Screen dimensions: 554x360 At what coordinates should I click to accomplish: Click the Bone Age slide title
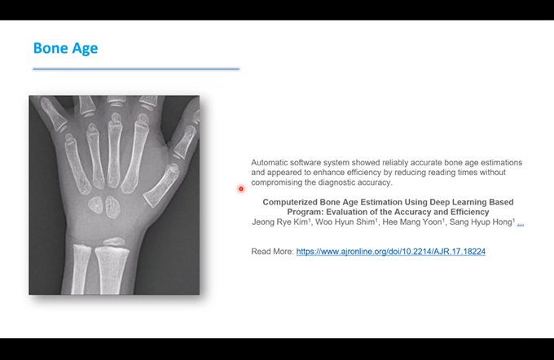pyautogui.click(x=65, y=48)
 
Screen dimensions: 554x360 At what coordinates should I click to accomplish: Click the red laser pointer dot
pyautogui.click(x=241, y=189)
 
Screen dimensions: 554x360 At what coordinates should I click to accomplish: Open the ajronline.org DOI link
pyautogui.click(x=391, y=252)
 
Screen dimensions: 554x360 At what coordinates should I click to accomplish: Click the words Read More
pyautogui.click(x=272, y=252)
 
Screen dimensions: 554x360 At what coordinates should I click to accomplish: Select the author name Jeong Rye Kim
pyautogui.click(x=280, y=222)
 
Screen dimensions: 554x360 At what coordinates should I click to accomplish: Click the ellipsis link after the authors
pyautogui.click(x=521, y=223)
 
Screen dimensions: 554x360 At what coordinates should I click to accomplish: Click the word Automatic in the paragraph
pyautogui.click(x=268, y=163)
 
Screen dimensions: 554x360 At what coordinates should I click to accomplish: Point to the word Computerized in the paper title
pyautogui.click(x=290, y=202)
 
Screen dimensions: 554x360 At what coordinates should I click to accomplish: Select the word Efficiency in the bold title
pyautogui.click(x=469, y=212)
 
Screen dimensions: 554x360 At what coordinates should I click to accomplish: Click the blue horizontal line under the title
pyautogui.click(x=136, y=69)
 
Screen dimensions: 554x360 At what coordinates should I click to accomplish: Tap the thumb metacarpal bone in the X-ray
pyautogui.click(x=162, y=187)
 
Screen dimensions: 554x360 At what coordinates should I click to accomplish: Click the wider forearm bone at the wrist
pyautogui.click(x=112, y=270)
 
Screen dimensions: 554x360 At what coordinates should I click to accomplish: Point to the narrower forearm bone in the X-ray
pyautogui.click(x=81, y=270)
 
